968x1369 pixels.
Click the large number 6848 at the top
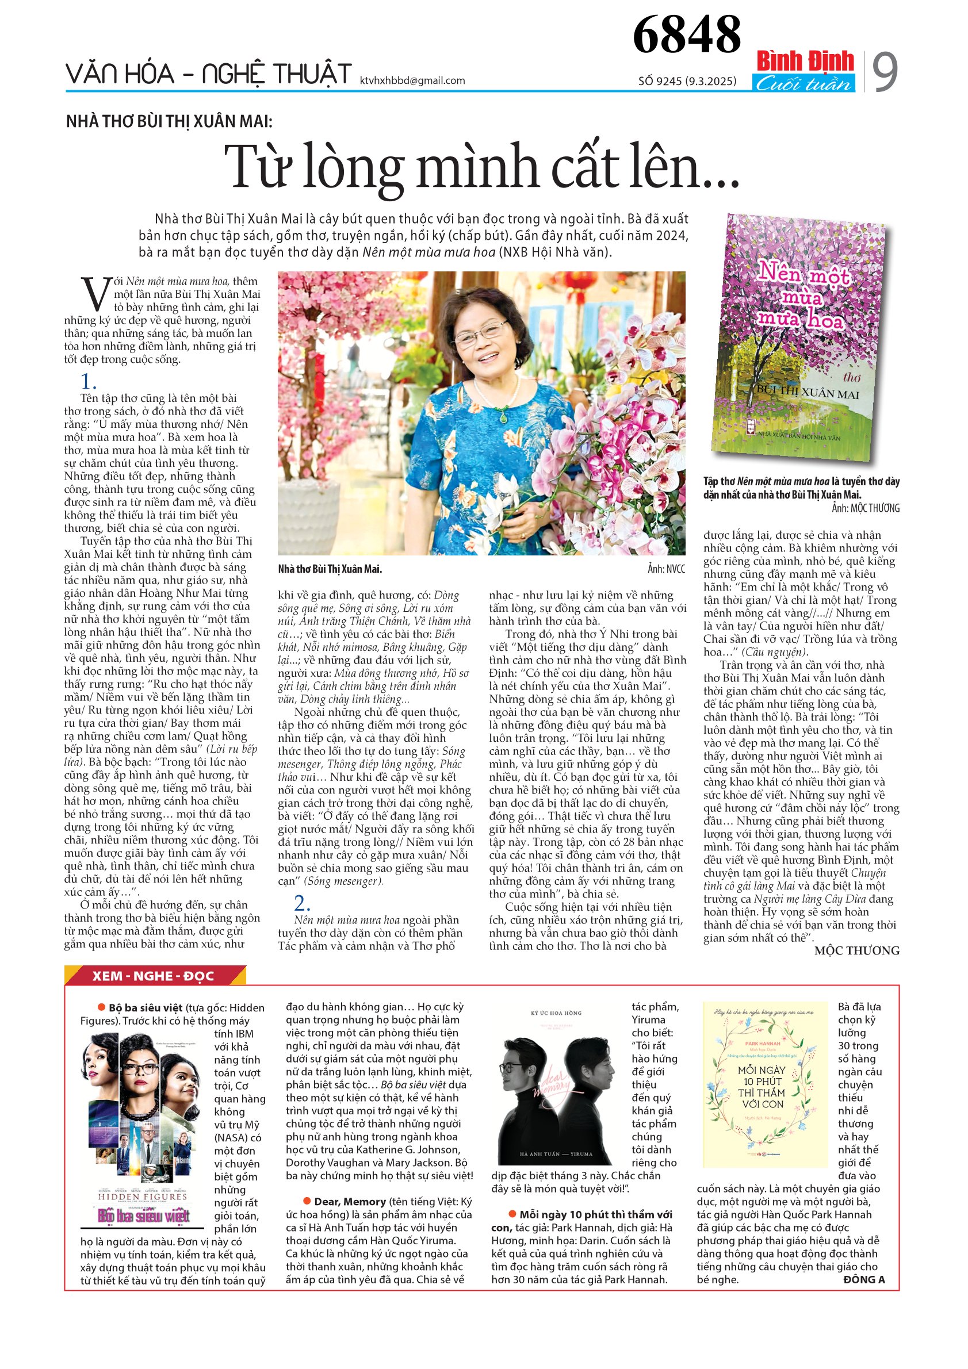[686, 34]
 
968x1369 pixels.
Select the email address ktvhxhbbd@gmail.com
[412, 80]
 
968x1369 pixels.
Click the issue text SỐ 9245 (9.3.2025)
[687, 81]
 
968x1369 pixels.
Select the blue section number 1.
[88, 381]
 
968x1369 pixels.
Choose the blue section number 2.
[303, 902]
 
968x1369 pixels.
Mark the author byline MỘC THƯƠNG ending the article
[856, 950]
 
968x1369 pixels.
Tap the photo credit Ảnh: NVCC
[666, 569]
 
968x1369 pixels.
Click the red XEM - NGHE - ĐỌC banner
[154, 976]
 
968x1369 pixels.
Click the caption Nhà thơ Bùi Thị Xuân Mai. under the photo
[330, 569]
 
